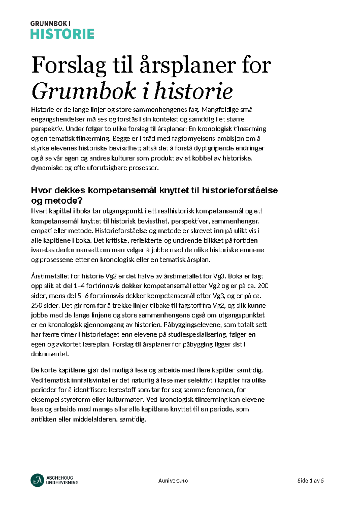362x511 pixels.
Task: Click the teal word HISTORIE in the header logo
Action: (x=62, y=34)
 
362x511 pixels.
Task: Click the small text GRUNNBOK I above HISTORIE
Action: (x=50, y=23)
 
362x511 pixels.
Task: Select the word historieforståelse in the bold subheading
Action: (x=240, y=190)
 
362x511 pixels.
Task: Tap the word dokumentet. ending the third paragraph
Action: (x=50, y=354)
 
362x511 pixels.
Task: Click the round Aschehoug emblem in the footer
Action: (x=37, y=480)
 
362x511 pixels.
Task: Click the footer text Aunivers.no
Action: (x=173, y=481)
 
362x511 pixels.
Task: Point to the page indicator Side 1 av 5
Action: (x=310, y=481)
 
